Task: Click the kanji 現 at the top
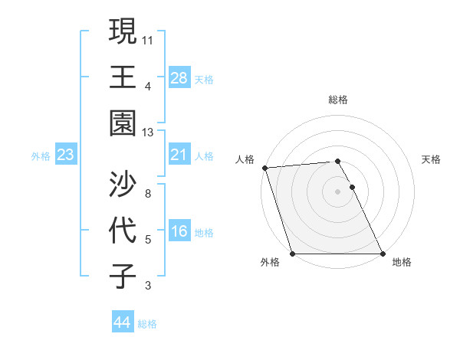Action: tap(123, 31)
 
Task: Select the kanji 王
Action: tap(123, 77)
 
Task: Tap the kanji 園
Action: tap(123, 123)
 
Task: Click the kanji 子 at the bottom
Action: tap(123, 275)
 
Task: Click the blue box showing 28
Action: tap(179, 77)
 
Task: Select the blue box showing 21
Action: tap(179, 155)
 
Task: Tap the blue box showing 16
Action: tap(179, 232)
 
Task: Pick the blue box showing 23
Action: tap(65, 155)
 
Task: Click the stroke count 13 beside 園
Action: tap(147, 132)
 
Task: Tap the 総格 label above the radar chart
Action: tap(338, 100)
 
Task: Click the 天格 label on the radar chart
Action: tap(432, 159)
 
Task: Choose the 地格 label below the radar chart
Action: tap(402, 262)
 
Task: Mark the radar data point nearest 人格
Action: tap(264, 168)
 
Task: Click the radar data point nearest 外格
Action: tap(292, 254)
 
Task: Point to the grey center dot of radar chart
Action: tap(338, 191)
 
